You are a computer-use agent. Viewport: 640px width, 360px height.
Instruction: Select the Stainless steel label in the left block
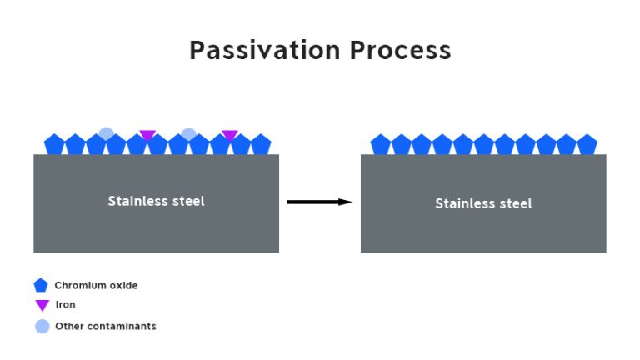pyautogui.click(x=156, y=201)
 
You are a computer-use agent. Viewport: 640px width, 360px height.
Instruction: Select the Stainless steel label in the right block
pyautogui.click(x=483, y=203)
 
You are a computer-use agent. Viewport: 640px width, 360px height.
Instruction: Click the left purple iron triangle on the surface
pyautogui.click(x=147, y=135)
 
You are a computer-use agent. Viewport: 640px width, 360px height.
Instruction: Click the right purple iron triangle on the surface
pyautogui.click(x=230, y=135)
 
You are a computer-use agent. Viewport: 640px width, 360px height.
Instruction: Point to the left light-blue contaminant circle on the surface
pyautogui.click(x=106, y=132)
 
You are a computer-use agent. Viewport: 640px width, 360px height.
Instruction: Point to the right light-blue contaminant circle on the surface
pyautogui.click(x=188, y=132)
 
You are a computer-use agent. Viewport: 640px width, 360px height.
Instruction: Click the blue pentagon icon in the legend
pyautogui.click(x=41, y=285)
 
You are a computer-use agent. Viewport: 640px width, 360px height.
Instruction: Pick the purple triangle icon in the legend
pyautogui.click(x=42, y=306)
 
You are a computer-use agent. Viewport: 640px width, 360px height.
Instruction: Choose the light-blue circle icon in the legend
pyautogui.click(x=42, y=326)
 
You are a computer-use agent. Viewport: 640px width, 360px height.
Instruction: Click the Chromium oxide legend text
pyautogui.click(x=96, y=285)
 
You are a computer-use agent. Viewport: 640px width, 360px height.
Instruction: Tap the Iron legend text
pyautogui.click(x=65, y=305)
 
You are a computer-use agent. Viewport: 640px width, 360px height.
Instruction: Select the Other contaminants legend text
pyautogui.click(x=105, y=326)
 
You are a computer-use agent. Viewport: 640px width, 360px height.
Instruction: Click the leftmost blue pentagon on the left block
pyautogui.click(x=54, y=145)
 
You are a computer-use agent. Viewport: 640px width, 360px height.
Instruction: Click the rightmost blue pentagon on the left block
pyautogui.click(x=261, y=145)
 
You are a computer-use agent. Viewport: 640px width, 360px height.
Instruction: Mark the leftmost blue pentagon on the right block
pyautogui.click(x=381, y=145)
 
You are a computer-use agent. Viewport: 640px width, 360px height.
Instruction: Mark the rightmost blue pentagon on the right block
pyautogui.click(x=587, y=145)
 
